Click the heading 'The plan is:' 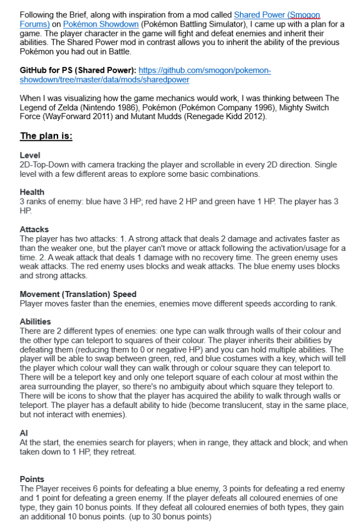pyautogui.click(x=46, y=136)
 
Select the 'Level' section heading pyautogui.click(x=30, y=156)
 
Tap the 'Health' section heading pyautogui.click(x=32, y=192)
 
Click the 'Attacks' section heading pyautogui.click(x=34, y=229)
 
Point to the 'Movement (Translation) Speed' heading pyautogui.click(x=78, y=294)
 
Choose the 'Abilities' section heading pyautogui.click(x=35, y=321)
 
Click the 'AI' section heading pyautogui.click(x=24, y=433)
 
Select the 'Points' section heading pyautogui.click(x=32, y=479)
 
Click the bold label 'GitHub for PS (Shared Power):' pyautogui.click(x=78, y=70)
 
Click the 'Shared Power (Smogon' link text pyautogui.click(x=277, y=15)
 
